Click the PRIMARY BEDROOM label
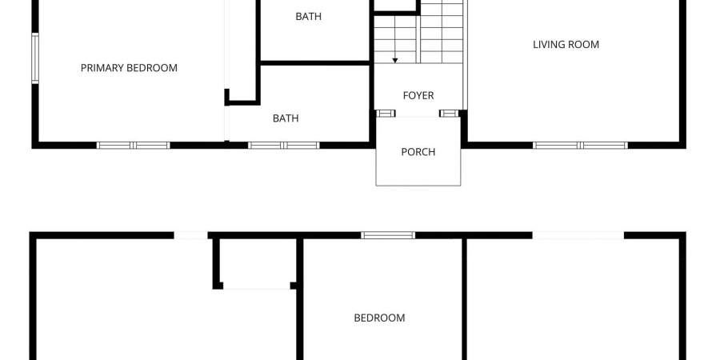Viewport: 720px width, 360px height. click(x=129, y=68)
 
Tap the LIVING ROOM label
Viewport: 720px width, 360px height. click(x=566, y=45)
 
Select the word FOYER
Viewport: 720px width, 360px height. click(x=418, y=96)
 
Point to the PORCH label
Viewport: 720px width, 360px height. click(x=418, y=152)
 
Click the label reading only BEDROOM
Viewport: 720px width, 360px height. click(x=379, y=318)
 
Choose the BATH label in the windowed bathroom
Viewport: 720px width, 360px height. click(x=286, y=118)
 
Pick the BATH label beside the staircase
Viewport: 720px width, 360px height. click(x=308, y=16)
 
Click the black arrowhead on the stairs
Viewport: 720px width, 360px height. click(x=395, y=60)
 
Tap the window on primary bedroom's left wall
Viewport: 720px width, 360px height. click(x=35, y=58)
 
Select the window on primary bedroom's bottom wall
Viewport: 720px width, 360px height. click(x=134, y=145)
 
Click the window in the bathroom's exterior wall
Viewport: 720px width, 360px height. click(x=284, y=145)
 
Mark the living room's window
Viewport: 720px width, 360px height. click(x=580, y=145)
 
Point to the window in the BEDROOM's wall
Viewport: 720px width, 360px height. click(x=388, y=235)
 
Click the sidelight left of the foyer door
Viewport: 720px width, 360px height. click(x=386, y=114)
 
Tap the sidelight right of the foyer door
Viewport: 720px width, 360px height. click(x=450, y=114)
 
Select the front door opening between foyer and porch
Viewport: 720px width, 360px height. click(x=418, y=116)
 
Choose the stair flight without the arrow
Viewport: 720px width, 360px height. click(x=442, y=32)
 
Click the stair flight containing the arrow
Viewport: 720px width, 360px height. click(x=395, y=40)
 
